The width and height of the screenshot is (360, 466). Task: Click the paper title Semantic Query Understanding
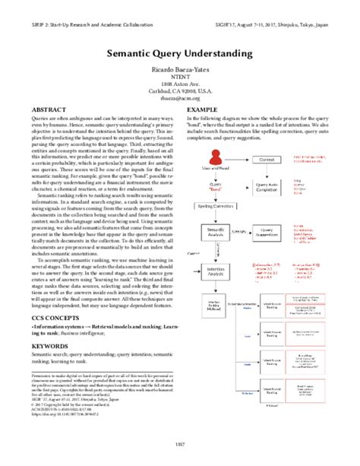[x=179, y=55]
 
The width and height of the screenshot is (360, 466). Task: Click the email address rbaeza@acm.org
[x=179, y=97]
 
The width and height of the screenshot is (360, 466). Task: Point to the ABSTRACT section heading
[x=47, y=110]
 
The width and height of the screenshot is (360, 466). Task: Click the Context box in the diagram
[x=267, y=160]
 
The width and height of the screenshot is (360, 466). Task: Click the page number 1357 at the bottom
[x=179, y=443]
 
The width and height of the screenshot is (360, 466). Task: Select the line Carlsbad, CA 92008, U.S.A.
[x=179, y=90]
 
